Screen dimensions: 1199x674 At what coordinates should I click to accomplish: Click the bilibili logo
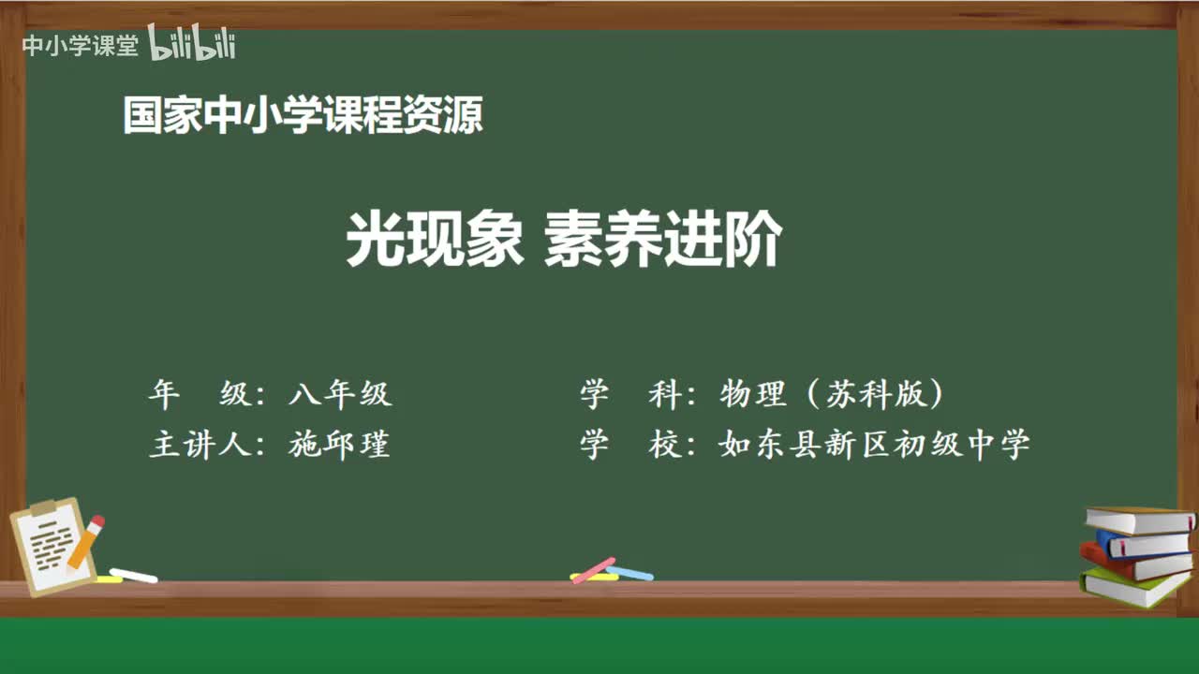click(192, 44)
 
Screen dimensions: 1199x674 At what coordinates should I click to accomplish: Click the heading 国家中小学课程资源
click(303, 117)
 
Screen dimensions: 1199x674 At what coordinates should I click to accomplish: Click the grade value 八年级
click(340, 395)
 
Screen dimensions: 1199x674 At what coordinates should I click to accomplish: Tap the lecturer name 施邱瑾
click(339, 445)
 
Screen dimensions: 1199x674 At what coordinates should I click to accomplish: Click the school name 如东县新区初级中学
click(874, 445)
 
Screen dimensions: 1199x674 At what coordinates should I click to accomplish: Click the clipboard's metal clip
click(44, 507)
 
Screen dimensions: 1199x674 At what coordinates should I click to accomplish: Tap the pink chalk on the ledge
click(594, 569)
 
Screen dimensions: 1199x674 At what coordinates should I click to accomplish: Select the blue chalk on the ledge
click(629, 572)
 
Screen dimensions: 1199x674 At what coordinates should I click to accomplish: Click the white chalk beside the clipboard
click(133, 575)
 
